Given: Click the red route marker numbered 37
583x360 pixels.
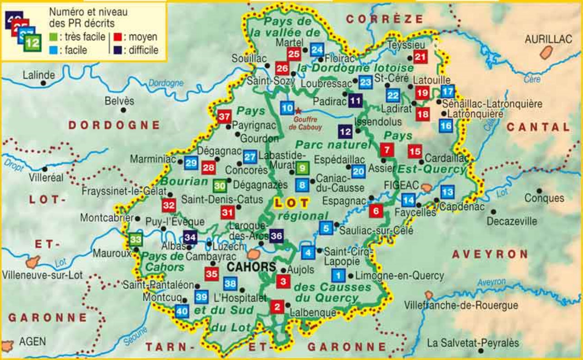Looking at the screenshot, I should click(x=224, y=117).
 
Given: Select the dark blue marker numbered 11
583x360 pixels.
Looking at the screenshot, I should click(x=356, y=100).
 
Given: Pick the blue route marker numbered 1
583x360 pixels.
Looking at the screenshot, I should click(x=338, y=275).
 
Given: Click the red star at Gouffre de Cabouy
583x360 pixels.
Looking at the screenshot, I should click(x=298, y=110).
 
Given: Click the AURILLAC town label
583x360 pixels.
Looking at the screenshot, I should click(x=548, y=39).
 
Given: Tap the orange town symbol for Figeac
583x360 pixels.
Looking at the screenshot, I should click(x=426, y=187).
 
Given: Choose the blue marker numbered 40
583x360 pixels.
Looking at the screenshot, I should click(x=181, y=311).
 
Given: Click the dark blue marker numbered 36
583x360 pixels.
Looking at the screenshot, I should click(x=276, y=235).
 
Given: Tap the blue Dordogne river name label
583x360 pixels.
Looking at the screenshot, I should click(x=166, y=83).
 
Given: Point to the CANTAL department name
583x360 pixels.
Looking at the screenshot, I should click(x=538, y=127).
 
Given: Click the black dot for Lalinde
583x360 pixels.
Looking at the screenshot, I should click(x=44, y=84).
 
